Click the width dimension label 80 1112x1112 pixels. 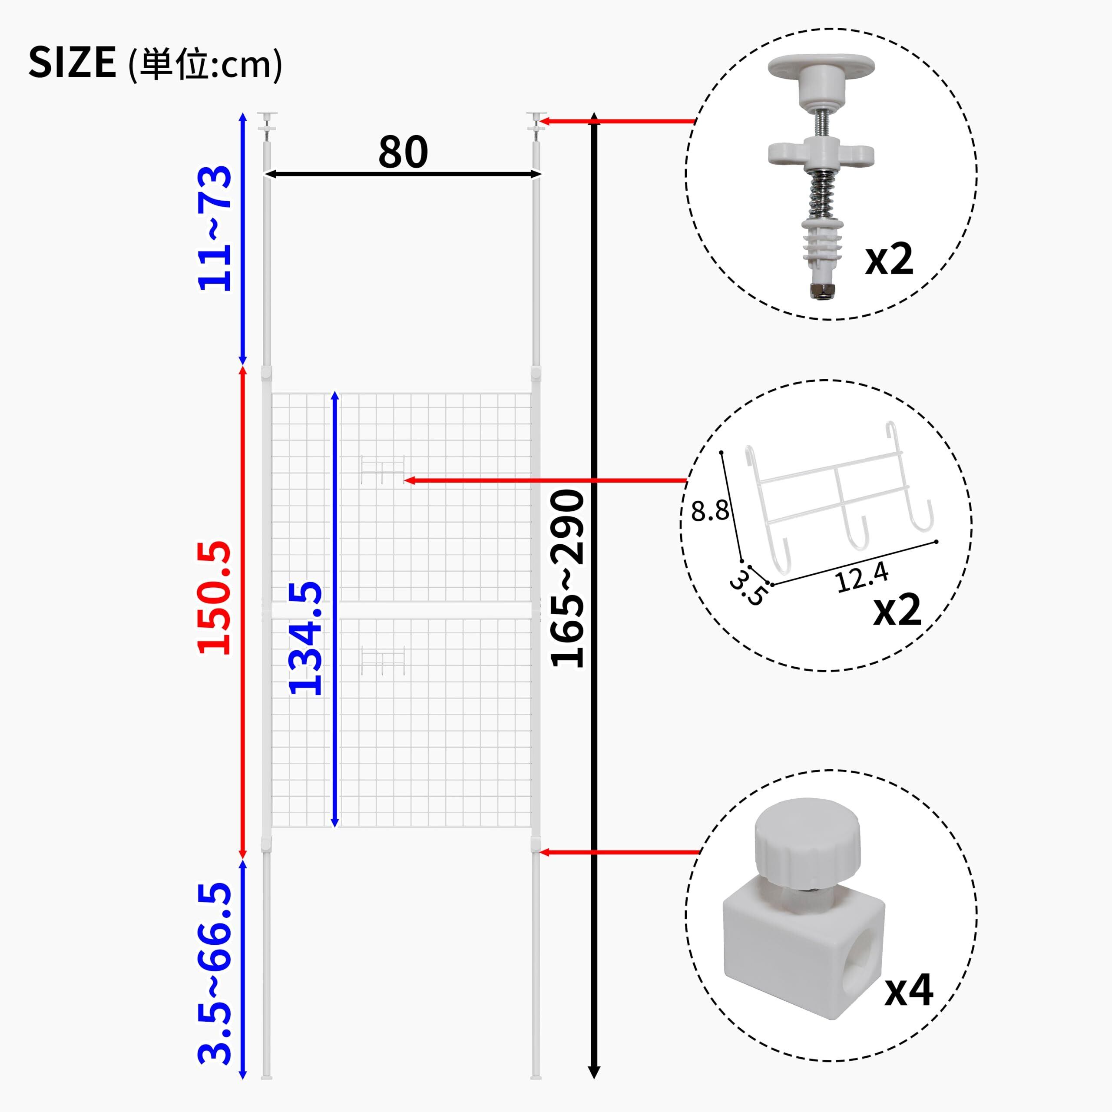coord(403,152)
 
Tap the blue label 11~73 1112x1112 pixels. coord(215,228)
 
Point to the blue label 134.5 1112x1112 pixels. coord(305,638)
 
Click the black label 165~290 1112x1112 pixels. coord(568,579)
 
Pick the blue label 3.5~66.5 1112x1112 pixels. coord(215,981)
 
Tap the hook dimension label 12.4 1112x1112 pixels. coord(862,577)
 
